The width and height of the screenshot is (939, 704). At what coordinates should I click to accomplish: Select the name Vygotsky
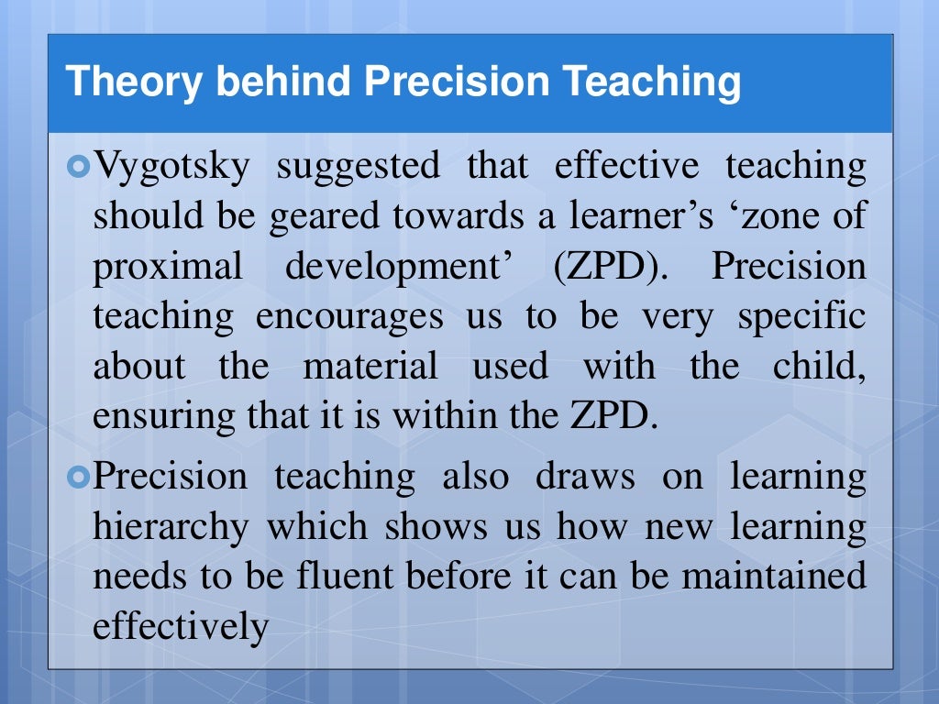click(170, 168)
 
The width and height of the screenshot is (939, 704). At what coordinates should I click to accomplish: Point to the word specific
click(801, 316)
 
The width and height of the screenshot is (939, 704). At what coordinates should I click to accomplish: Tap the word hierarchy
click(171, 527)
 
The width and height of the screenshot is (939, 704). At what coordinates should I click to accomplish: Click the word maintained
click(773, 577)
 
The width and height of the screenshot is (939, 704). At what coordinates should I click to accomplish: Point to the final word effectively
click(181, 626)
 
